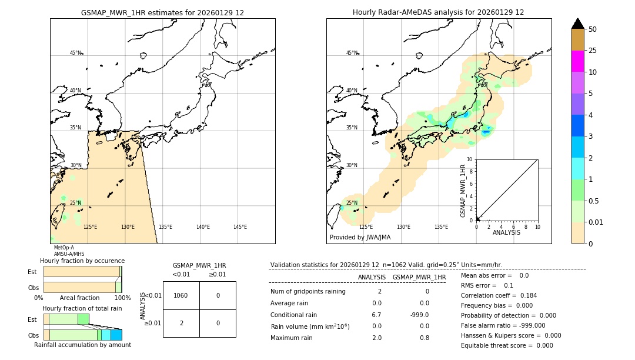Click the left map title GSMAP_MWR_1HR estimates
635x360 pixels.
[x=162, y=12]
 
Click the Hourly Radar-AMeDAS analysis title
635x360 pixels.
[x=438, y=12]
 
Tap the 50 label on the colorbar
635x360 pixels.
[x=593, y=29]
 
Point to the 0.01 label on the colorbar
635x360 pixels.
[x=596, y=222]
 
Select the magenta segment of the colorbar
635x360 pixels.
[x=578, y=61]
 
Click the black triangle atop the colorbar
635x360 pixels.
[x=578, y=24]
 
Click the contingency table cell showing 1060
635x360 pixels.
[x=181, y=295]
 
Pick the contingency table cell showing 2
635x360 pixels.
[x=181, y=323]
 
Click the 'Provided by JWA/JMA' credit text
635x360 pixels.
[x=360, y=237]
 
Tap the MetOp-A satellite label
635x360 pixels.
[x=63, y=248]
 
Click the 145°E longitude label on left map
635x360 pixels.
[x=240, y=227]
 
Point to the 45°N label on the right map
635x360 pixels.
[x=351, y=53]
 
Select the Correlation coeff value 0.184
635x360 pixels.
[x=527, y=295]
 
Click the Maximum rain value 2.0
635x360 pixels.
[x=376, y=338]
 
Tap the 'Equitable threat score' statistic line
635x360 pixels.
[x=506, y=345]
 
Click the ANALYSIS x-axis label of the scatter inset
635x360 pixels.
[x=506, y=232]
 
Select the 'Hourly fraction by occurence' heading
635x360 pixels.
[x=82, y=261]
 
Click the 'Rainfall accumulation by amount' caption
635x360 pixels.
[x=82, y=345]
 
